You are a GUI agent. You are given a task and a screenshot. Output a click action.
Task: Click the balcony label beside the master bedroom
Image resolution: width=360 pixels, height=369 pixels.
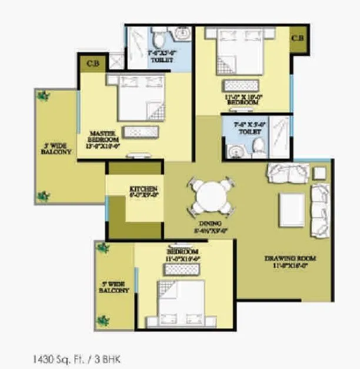pyautogui.click(x=56, y=147)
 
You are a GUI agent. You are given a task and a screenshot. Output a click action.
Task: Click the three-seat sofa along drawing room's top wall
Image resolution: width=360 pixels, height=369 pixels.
pyautogui.click(x=286, y=172)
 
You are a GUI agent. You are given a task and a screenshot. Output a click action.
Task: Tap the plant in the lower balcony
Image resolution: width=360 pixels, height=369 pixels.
pyautogui.click(x=104, y=247)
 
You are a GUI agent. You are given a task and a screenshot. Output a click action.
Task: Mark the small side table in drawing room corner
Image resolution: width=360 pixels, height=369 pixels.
pyautogui.click(x=319, y=173)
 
